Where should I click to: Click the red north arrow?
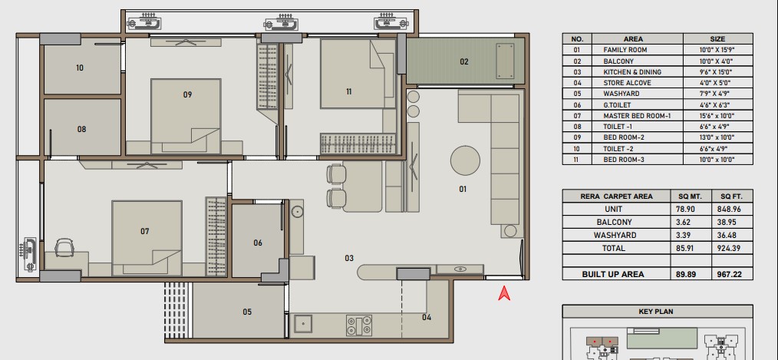pyautogui.click(x=504, y=293)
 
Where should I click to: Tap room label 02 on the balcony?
pyautogui.click(x=464, y=62)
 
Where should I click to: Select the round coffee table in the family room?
pyautogui.click(x=465, y=160)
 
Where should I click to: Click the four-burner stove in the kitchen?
pyautogui.click(x=359, y=325)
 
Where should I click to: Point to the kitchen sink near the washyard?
pyautogui.click(x=303, y=324)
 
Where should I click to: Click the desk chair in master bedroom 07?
pyautogui.click(x=65, y=246)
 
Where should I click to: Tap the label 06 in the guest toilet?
pyautogui.click(x=258, y=243)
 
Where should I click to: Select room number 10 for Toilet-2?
pyautogui.click(x=80, y=68)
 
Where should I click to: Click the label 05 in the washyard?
pyautogui.click(x=247, y=312)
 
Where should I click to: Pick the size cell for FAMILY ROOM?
pyautogui.click(x=717, y=50)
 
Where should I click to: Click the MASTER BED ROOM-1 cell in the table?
pyautogui.click(x=637, y=116)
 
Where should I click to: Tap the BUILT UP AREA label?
pyautogui.click(x=613, y=274)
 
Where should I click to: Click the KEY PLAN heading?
pyautogui.click(x=657, y=312)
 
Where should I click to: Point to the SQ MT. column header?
pyautogui.click(x=691, y=197)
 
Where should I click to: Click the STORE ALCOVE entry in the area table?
pyautogui.click(x=627, y=83)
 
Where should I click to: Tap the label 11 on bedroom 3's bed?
pyautogui.click(x=349, y=91)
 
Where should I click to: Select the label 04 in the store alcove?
pyautogui.click(x=427, y=317)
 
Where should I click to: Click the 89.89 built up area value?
pyautogui.click(x=684, y=274)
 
